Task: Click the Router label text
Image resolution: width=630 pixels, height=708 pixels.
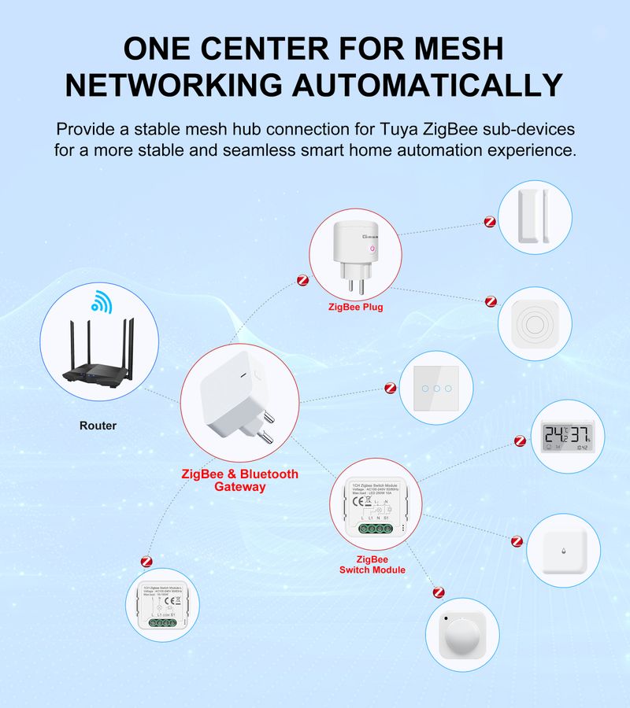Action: pyautogui.click(x=98, y=426)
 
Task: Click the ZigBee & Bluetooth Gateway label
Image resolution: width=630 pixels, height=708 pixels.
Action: pyautogui.click(x=239, y=480)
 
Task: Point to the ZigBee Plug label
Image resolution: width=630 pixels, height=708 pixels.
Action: pyautogui.click(x=355, y=307)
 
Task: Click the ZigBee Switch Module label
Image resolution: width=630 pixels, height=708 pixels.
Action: pyautogui.click(x=372, y=564)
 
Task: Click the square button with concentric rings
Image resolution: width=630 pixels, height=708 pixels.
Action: pyautogui.click(x=535, y=323)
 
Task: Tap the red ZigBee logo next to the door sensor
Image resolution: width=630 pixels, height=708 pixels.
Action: pyautogui.click(x=489, y=223)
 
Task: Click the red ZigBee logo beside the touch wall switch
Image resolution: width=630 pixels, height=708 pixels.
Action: pyautogui.click(x=390, y=387)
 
